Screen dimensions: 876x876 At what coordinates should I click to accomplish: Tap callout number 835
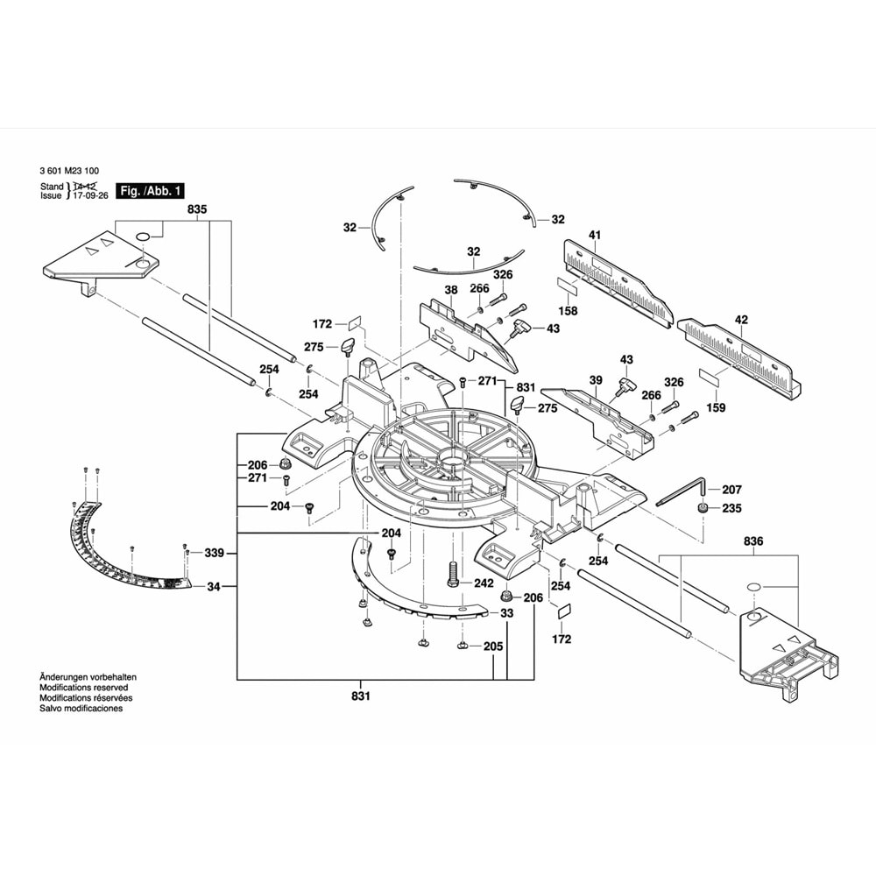point(197,210)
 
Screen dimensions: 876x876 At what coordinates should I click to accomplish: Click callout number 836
point(753,542)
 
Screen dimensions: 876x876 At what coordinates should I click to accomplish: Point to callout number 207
point(731,490)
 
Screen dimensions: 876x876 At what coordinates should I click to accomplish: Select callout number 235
point(731,508)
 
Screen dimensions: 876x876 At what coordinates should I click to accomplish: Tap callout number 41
point(594,235)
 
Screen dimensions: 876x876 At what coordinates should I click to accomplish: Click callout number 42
point(741,320)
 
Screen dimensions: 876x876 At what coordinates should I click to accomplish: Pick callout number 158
point(569,310)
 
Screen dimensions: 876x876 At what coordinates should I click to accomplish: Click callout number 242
point(484,583)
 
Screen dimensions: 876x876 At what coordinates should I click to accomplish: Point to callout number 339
point(215,553)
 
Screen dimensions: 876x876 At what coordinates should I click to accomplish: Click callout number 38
point(451,289)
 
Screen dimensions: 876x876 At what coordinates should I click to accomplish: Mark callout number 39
point(596,379)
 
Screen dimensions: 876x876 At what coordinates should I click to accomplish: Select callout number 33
point(506,614)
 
